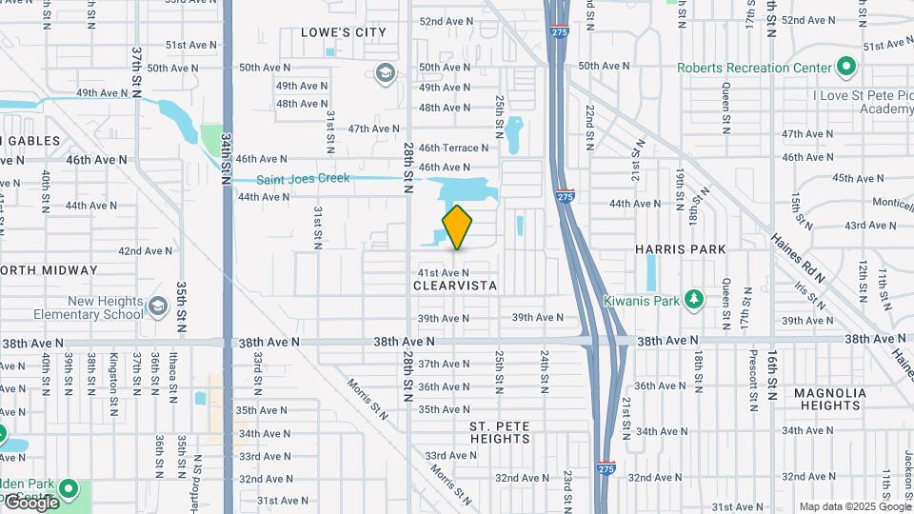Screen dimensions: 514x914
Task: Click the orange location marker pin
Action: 457,227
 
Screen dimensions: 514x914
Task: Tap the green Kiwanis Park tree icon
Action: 695,300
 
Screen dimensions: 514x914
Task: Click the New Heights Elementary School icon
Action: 158,306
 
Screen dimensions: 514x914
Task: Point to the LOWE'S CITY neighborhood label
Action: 344,32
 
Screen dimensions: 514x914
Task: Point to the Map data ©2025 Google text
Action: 854,506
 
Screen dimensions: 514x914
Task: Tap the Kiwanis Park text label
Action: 641,300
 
